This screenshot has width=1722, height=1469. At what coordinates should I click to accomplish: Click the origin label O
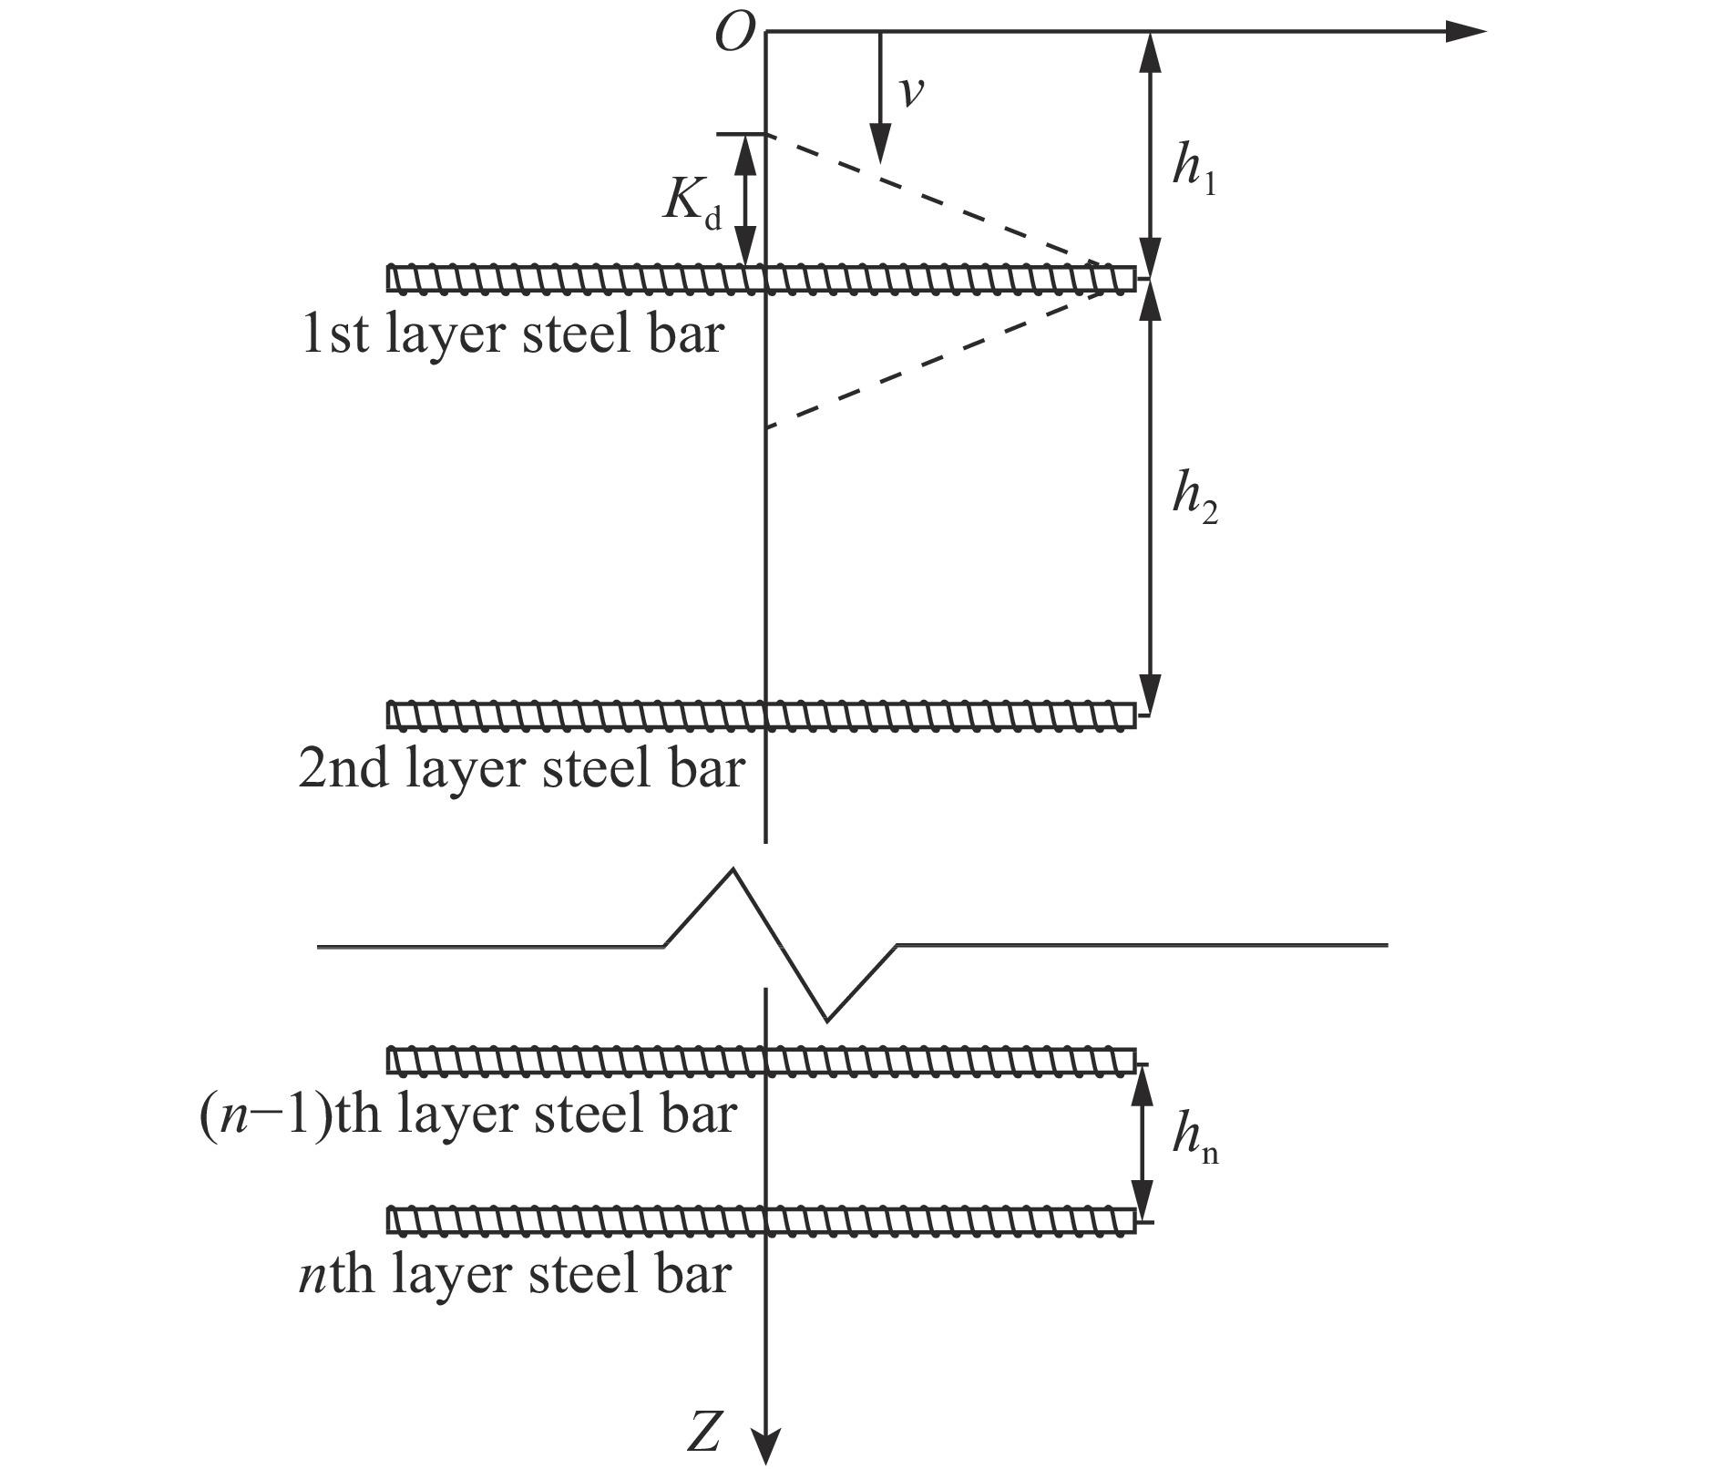(x=735, y=35)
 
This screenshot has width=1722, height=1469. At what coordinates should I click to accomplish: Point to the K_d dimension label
(x=692, y=203)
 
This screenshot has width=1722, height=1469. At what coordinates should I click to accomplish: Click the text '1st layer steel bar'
(x=512, y=334)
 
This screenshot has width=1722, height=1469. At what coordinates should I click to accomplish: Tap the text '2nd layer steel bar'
(x=521, y=768)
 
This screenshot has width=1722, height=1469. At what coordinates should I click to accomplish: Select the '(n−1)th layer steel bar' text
(x=467, y=1114)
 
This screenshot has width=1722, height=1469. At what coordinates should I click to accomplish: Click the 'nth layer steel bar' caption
(x=515, y=1273)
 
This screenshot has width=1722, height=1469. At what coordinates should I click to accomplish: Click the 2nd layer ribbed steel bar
(x=762, y=715)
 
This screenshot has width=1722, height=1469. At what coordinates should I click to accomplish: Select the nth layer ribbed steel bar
(x=762, y=1220)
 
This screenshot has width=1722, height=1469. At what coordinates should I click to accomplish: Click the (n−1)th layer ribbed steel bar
(x=762, y=1062)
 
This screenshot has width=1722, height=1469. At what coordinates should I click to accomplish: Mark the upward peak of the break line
(x=733, y=871)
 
